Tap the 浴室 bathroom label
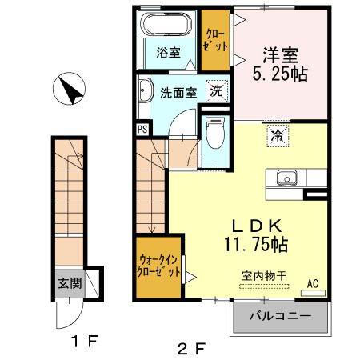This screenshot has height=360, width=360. tap(167, 53)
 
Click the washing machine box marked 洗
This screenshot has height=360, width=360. tap(216, 90)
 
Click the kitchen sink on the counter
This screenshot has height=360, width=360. tap(286, 177)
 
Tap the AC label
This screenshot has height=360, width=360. tap(313, 282)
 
